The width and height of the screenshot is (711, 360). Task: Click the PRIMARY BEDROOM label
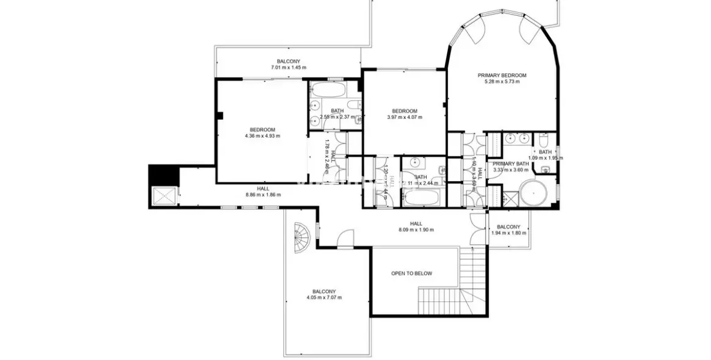click(502, 76)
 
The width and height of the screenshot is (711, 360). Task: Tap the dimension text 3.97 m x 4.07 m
click(405, 117)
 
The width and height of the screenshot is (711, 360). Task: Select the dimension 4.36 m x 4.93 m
click(262, 135)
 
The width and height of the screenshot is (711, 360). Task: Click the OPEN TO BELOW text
click(411, 273)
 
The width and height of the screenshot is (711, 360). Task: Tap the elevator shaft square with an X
click(164, 195)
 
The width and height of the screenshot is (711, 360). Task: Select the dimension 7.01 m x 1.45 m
click(289, 67)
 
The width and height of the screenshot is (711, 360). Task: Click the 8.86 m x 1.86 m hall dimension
click(263, 195)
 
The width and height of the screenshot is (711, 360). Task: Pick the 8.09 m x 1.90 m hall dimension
click(416, 229)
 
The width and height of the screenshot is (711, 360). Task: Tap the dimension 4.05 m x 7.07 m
click(324, 298)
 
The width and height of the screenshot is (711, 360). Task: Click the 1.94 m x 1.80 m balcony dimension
click(508, 232)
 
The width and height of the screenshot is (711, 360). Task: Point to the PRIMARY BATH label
click(511, 164)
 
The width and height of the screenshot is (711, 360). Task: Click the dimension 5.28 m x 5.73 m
click(502, 82)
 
